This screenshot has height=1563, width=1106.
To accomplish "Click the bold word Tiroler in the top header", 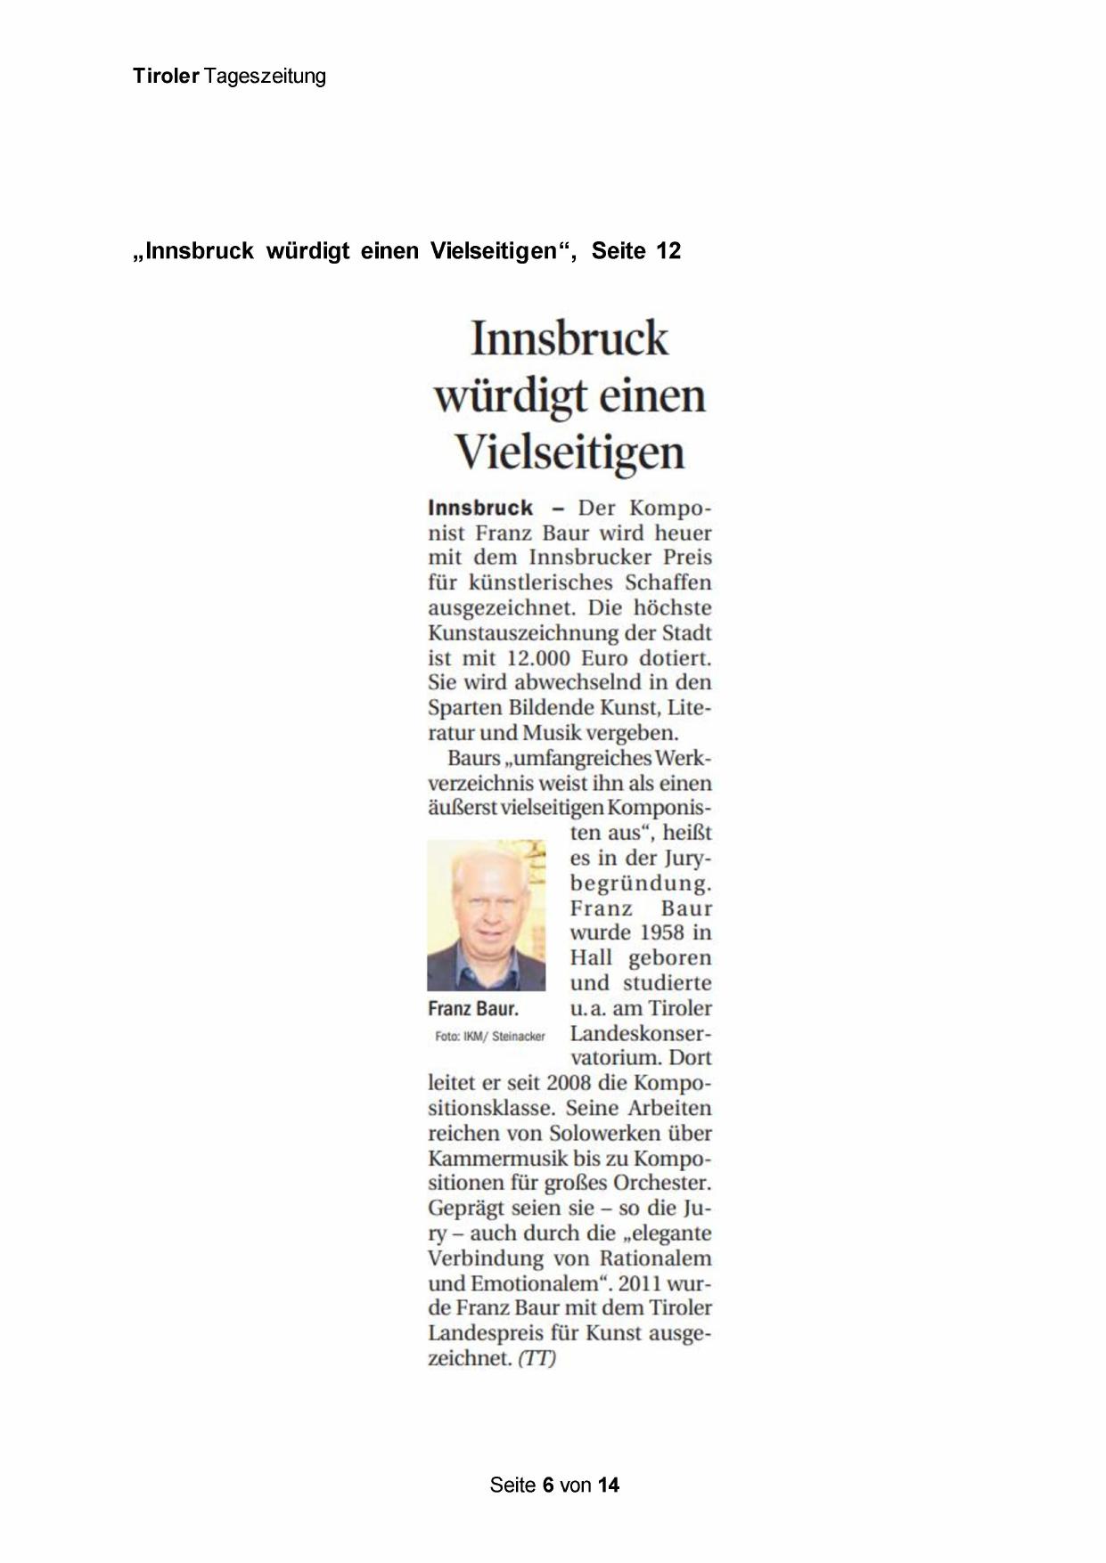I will pyautogui.click(x=166, y=77).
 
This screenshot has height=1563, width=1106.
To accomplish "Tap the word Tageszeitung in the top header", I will pyautogui.click(x=265, y=77).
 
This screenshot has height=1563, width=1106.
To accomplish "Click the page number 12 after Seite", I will pyautogui.click(x=668, y=251).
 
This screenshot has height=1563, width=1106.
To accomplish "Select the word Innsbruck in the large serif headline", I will pyautogui.click(x=569, y=338).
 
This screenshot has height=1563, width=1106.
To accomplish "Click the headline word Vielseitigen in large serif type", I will pyautogui.click(x=569, y=452).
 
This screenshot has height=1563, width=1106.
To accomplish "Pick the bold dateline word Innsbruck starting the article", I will pyautogui.click(x=480, y=509).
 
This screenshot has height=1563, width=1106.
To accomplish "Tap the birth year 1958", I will pyautogui.click(x=662, y=932).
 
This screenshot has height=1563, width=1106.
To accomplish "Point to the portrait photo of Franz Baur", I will pyautogui.click(x=486, y=915).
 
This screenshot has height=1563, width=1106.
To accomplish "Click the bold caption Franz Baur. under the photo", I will pyautogui.click(x=473, y=1009).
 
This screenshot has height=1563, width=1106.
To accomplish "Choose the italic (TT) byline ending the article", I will pyautogui.click(x=537, y=1358).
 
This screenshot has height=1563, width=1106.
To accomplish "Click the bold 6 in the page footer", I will pyautogui.click(x=548, y=1486).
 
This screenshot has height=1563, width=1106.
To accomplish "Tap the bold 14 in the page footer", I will pyautogui.click(x=609, y=1486).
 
